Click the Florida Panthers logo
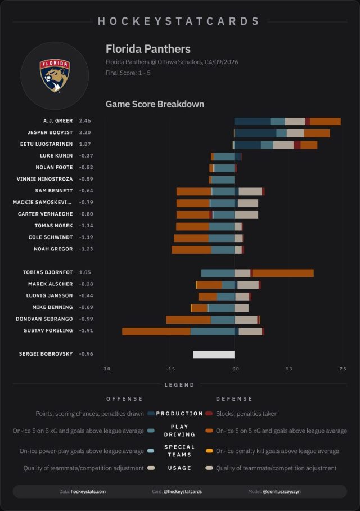click(55, 75)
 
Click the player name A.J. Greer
click(58, 121)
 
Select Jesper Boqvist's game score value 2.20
click(85, 133)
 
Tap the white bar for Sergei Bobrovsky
click(214, 355)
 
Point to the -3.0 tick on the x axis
click(106, 369)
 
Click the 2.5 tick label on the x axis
click(343, 369)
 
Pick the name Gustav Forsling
click(48, 331)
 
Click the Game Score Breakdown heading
click(155, 104)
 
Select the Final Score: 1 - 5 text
click(128, 73)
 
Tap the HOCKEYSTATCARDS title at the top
click(179, 21)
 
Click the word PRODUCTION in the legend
click(179, 414)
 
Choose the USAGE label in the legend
click(179, 468)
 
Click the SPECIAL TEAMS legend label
click(179, 450)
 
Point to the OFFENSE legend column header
click(124, 399)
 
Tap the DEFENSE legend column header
click(235, 399)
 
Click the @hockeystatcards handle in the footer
click(182, 492)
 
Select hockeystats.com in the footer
click(88, 492)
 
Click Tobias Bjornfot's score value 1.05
click(85, 272)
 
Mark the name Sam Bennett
click(54, 191)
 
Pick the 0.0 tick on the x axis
click(235, 369)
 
